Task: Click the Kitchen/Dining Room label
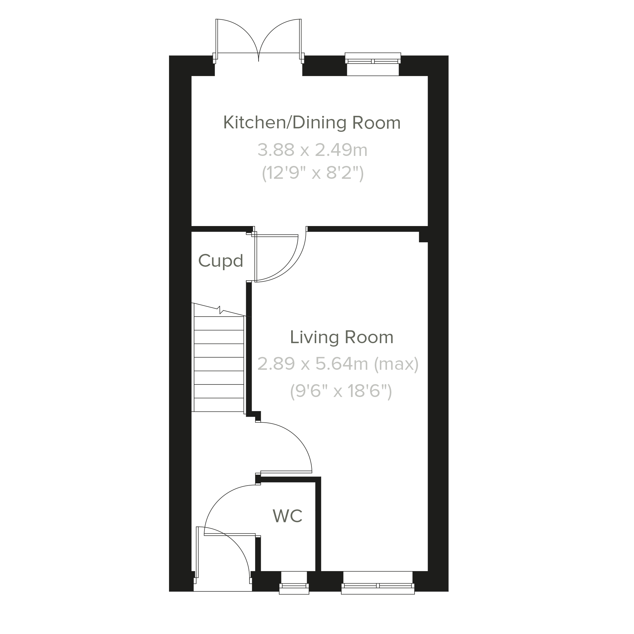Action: [312, 123]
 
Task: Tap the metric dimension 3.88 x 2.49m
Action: [312, 150]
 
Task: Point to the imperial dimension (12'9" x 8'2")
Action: [313, 173]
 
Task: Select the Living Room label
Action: [342, 337]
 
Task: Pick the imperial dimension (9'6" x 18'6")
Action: [341, 391]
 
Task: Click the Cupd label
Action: [220, 261]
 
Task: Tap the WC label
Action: [287, 516]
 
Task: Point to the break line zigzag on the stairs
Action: [220, 309]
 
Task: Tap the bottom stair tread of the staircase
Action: [219, 405]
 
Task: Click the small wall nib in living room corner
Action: [423, 237]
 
